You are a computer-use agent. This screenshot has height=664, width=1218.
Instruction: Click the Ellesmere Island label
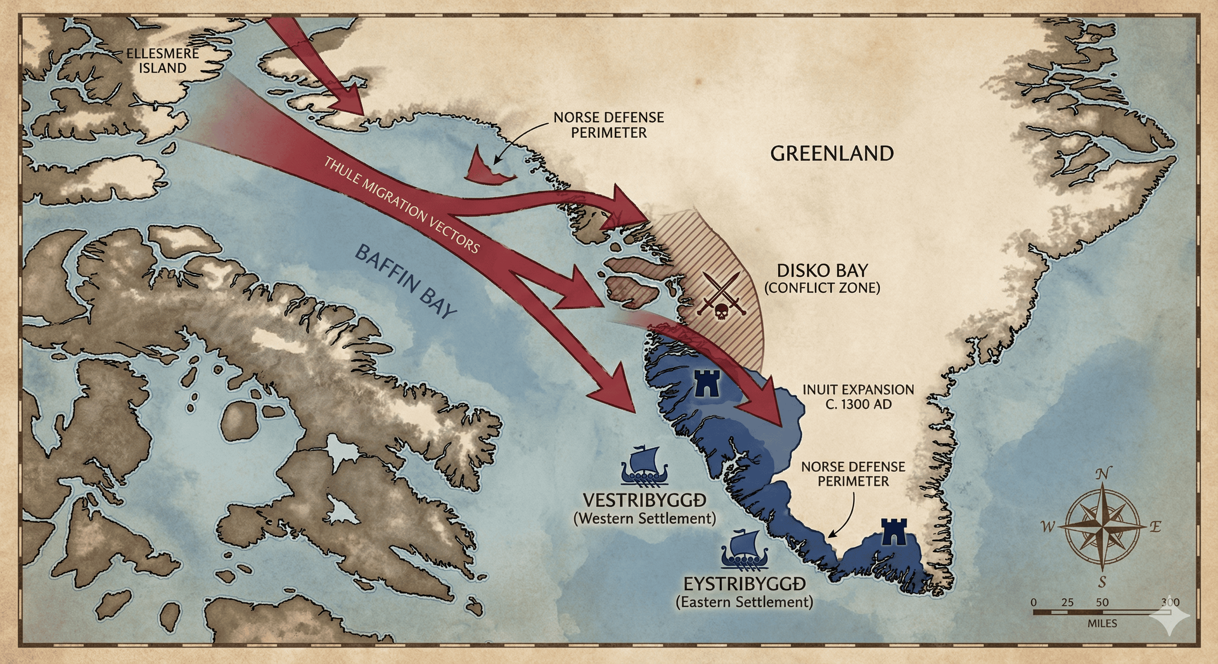click(x=162, y=61)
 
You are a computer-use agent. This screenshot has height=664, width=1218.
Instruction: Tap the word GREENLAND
click(x=832, y=153)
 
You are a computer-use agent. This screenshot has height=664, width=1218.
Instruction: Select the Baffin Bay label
click(x=406, y=282)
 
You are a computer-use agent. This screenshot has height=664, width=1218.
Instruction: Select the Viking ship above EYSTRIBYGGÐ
click(x=744, y=551)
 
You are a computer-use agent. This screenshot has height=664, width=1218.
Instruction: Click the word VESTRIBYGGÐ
click(x=644, y=501)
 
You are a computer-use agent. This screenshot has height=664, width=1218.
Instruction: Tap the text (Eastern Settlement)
click(x=744, y=602)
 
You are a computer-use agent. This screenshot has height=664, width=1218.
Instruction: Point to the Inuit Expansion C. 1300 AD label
click(x=858, y=396)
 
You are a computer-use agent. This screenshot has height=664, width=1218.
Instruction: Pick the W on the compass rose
click(x=1048, y=527)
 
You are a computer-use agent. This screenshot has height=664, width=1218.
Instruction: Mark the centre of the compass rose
click(x=1102, y=527)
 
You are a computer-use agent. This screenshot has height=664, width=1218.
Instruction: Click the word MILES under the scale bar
click(x=1102, y=623)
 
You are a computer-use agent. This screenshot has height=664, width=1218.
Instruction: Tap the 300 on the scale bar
click(x=1170, y=602)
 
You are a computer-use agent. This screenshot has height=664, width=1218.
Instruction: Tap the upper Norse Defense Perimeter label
click(x=609, y=125)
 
